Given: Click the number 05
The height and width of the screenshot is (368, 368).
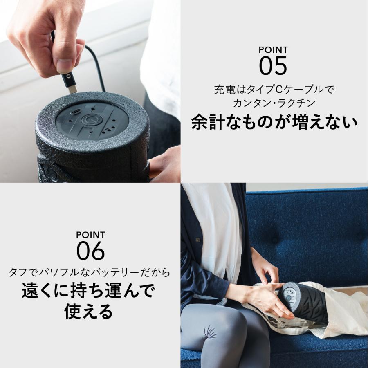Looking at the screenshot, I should coord(273,66).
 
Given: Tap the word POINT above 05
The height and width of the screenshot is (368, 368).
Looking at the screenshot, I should coord(273,50).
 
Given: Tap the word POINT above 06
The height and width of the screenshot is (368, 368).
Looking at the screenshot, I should coord(91,235).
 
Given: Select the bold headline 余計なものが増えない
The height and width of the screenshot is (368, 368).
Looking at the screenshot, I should coord(274,122).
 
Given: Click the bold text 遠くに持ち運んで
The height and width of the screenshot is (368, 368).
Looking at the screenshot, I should coord(89,292).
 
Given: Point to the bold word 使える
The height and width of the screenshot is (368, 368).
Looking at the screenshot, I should coord(89,312).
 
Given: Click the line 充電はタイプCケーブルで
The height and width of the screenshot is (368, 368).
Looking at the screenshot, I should coord(271,90).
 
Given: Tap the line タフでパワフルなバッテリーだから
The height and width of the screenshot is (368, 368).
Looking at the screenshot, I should coord(89,272).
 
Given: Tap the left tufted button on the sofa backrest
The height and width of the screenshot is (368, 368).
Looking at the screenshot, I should coord(274,240).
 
